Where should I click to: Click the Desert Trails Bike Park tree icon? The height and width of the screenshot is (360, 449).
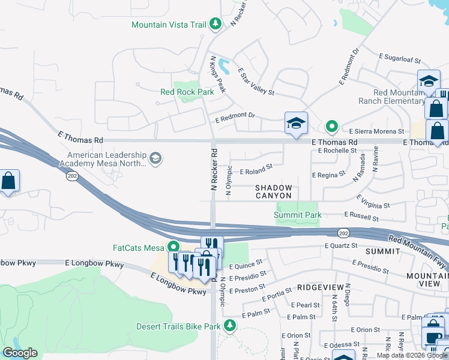(229, 326)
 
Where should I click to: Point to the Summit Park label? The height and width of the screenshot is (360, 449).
(298, 215)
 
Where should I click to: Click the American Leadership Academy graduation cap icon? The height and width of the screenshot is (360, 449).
(155, 158)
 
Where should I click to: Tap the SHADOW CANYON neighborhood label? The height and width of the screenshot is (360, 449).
(273, 191)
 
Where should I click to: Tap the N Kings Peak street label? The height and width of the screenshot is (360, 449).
(217, 75)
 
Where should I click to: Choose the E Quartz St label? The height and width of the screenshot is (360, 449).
(341, 245)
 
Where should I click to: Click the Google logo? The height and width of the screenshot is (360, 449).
(20, 353)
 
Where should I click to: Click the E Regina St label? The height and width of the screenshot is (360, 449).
(329, 174)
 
